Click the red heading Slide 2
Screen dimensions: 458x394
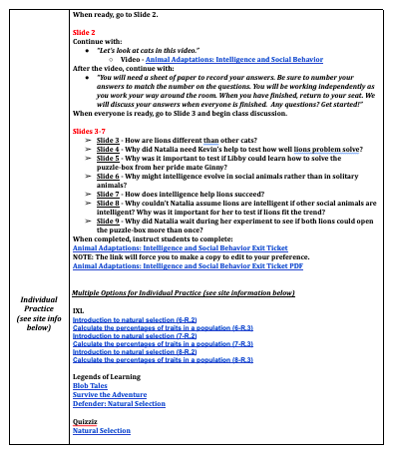coord(85,32)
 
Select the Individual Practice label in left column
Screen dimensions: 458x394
coord(36,312)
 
